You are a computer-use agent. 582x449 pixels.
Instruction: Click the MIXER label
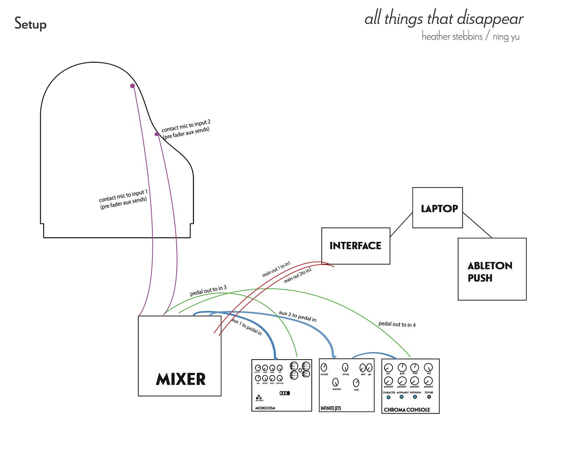(x=181, y=379)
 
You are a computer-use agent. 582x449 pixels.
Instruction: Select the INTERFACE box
(x=355, y=246)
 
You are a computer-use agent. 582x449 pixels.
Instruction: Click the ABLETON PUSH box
(x=492, y=269)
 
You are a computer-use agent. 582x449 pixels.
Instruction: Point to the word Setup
(x=30, y=24)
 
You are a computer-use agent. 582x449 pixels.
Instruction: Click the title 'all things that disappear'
(x=444, y=19)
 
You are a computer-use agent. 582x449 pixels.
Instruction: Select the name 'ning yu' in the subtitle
(x=506, y=37)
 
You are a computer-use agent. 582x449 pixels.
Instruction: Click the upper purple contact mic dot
(x=132, y=86)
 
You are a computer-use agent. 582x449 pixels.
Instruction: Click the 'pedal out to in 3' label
(x=208, y=291)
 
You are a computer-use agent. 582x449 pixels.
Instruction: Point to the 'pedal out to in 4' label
(x=397, y=324)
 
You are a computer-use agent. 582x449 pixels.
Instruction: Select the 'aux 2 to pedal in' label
(x=297, y=316)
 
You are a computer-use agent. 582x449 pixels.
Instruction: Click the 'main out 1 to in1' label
(x=276, y=269)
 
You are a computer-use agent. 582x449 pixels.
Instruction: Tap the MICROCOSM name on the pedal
(x=265, y=408)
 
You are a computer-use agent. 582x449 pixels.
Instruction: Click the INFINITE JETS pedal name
(x=331, y=408)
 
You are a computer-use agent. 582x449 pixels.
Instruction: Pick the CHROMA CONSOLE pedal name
(x=407, y=409)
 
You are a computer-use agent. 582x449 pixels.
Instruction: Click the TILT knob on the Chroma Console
(x=388, y=368)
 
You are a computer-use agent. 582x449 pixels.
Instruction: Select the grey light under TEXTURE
(x=429, y=397)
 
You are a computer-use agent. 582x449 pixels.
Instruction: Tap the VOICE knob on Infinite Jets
(x=356, y=383)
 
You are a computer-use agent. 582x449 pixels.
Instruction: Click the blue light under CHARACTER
(x=388, y=397)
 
